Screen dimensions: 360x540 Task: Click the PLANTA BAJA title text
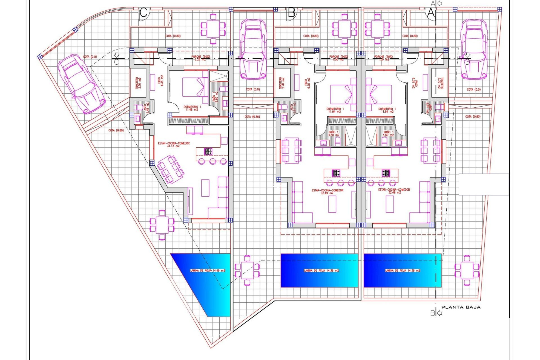(461, 307)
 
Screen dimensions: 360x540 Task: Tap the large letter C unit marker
(143, 13)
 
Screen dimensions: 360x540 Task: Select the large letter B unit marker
(292, 13)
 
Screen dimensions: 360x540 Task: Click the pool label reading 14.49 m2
(208, 271)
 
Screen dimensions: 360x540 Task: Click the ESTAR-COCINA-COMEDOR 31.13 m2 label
(174, 145)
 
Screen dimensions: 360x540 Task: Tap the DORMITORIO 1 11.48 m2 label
(192, 108)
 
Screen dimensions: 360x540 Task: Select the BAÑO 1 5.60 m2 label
(215, 97)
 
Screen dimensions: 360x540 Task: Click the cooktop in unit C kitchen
(208, 152)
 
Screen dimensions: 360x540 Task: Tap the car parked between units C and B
(253, 49)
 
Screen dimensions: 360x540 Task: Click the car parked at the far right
(474, 49)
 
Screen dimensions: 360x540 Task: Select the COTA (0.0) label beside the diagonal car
(90, 57)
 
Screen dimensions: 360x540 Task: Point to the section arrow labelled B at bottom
(436, 313)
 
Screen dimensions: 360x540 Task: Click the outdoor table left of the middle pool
(247, 270)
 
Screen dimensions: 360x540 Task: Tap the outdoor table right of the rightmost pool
(467, 270)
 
